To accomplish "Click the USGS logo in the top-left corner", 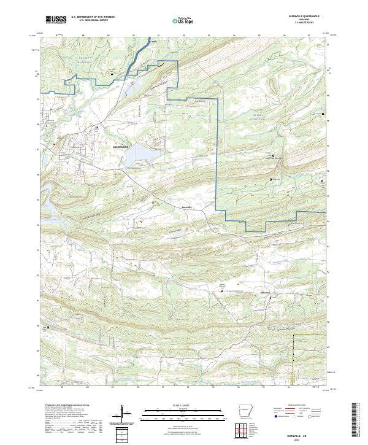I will [56, 20].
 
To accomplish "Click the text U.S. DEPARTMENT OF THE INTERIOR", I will [93, 17].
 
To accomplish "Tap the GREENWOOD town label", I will [121, 148].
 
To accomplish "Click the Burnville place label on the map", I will [188, 208].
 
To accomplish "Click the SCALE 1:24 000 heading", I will [183, 405].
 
